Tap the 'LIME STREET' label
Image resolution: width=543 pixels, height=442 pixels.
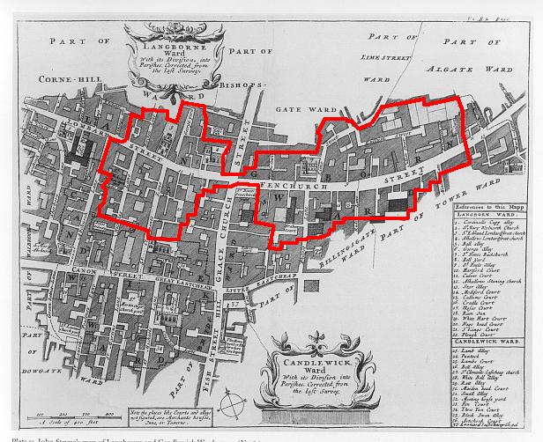pyautogui.click(x=387, y=57)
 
